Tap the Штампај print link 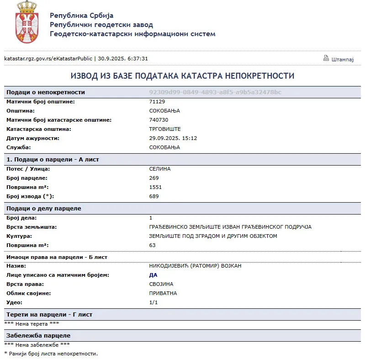(343, 59)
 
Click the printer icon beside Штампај (326, 58)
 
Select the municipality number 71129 (157, 102)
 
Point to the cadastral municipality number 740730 (159, 120)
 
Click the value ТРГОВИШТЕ (165, 129)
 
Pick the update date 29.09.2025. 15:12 (173, 138)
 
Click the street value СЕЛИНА (160, 169)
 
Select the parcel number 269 (154, 178)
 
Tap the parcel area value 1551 (155, 187)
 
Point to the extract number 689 (154, 196)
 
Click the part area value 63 (153, 245)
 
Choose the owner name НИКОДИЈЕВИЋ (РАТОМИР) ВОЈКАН (195, 266)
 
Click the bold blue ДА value (153, 275)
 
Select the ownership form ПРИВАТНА (163, 293)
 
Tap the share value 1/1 (153, 302)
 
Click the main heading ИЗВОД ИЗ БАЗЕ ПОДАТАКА (182, 76)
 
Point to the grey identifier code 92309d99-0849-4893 (215, 92)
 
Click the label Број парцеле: (26, 178)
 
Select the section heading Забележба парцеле (38, 335)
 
